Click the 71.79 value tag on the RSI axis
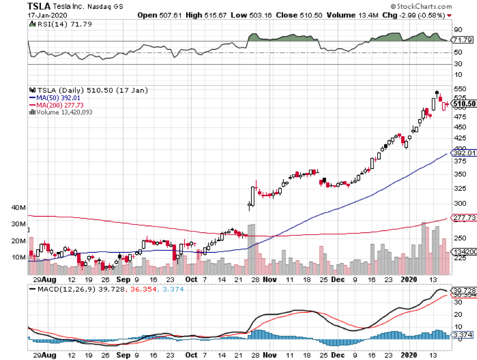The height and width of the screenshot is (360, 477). pyautogui.click(x=462, y=40)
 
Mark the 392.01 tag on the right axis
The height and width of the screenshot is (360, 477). pyautogui.click(x=462, y=153)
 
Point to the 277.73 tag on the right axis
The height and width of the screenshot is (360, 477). pyautogui.click(x=462, y=218)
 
